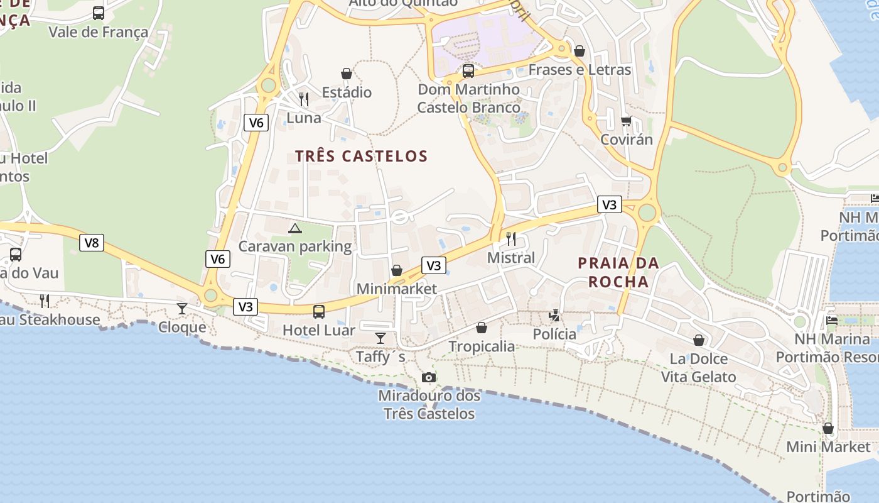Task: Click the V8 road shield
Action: [x=92, y=243]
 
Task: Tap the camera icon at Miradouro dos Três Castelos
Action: [x=429, y=377]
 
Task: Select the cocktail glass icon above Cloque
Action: [x=182, y=308]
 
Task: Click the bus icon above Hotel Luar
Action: [x=319, y=311]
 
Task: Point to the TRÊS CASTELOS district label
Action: [x=361, y=156]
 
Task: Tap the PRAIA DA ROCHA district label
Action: [x=618, y=272]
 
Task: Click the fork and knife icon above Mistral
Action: [x=511, y=239]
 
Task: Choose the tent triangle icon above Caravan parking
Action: [x=295, y=228]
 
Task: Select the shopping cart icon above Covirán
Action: [x=626, y=121]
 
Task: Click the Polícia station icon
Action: [x=554, y=315]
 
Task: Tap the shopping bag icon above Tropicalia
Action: [x=482, y=328]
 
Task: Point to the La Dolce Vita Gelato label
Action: [x=698, y=368]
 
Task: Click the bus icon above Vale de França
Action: [x=99, y=13]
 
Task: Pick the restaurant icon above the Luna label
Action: [x=304, y=99]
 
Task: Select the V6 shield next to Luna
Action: [x=256, y=123]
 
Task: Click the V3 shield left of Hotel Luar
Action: [x=245, y=307]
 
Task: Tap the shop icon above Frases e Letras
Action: [x=580, y=50]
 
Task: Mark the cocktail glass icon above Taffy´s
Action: [x=380, y=338]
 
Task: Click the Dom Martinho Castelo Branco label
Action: [x=469, y=99]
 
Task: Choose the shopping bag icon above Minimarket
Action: [x=396, y=270]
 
